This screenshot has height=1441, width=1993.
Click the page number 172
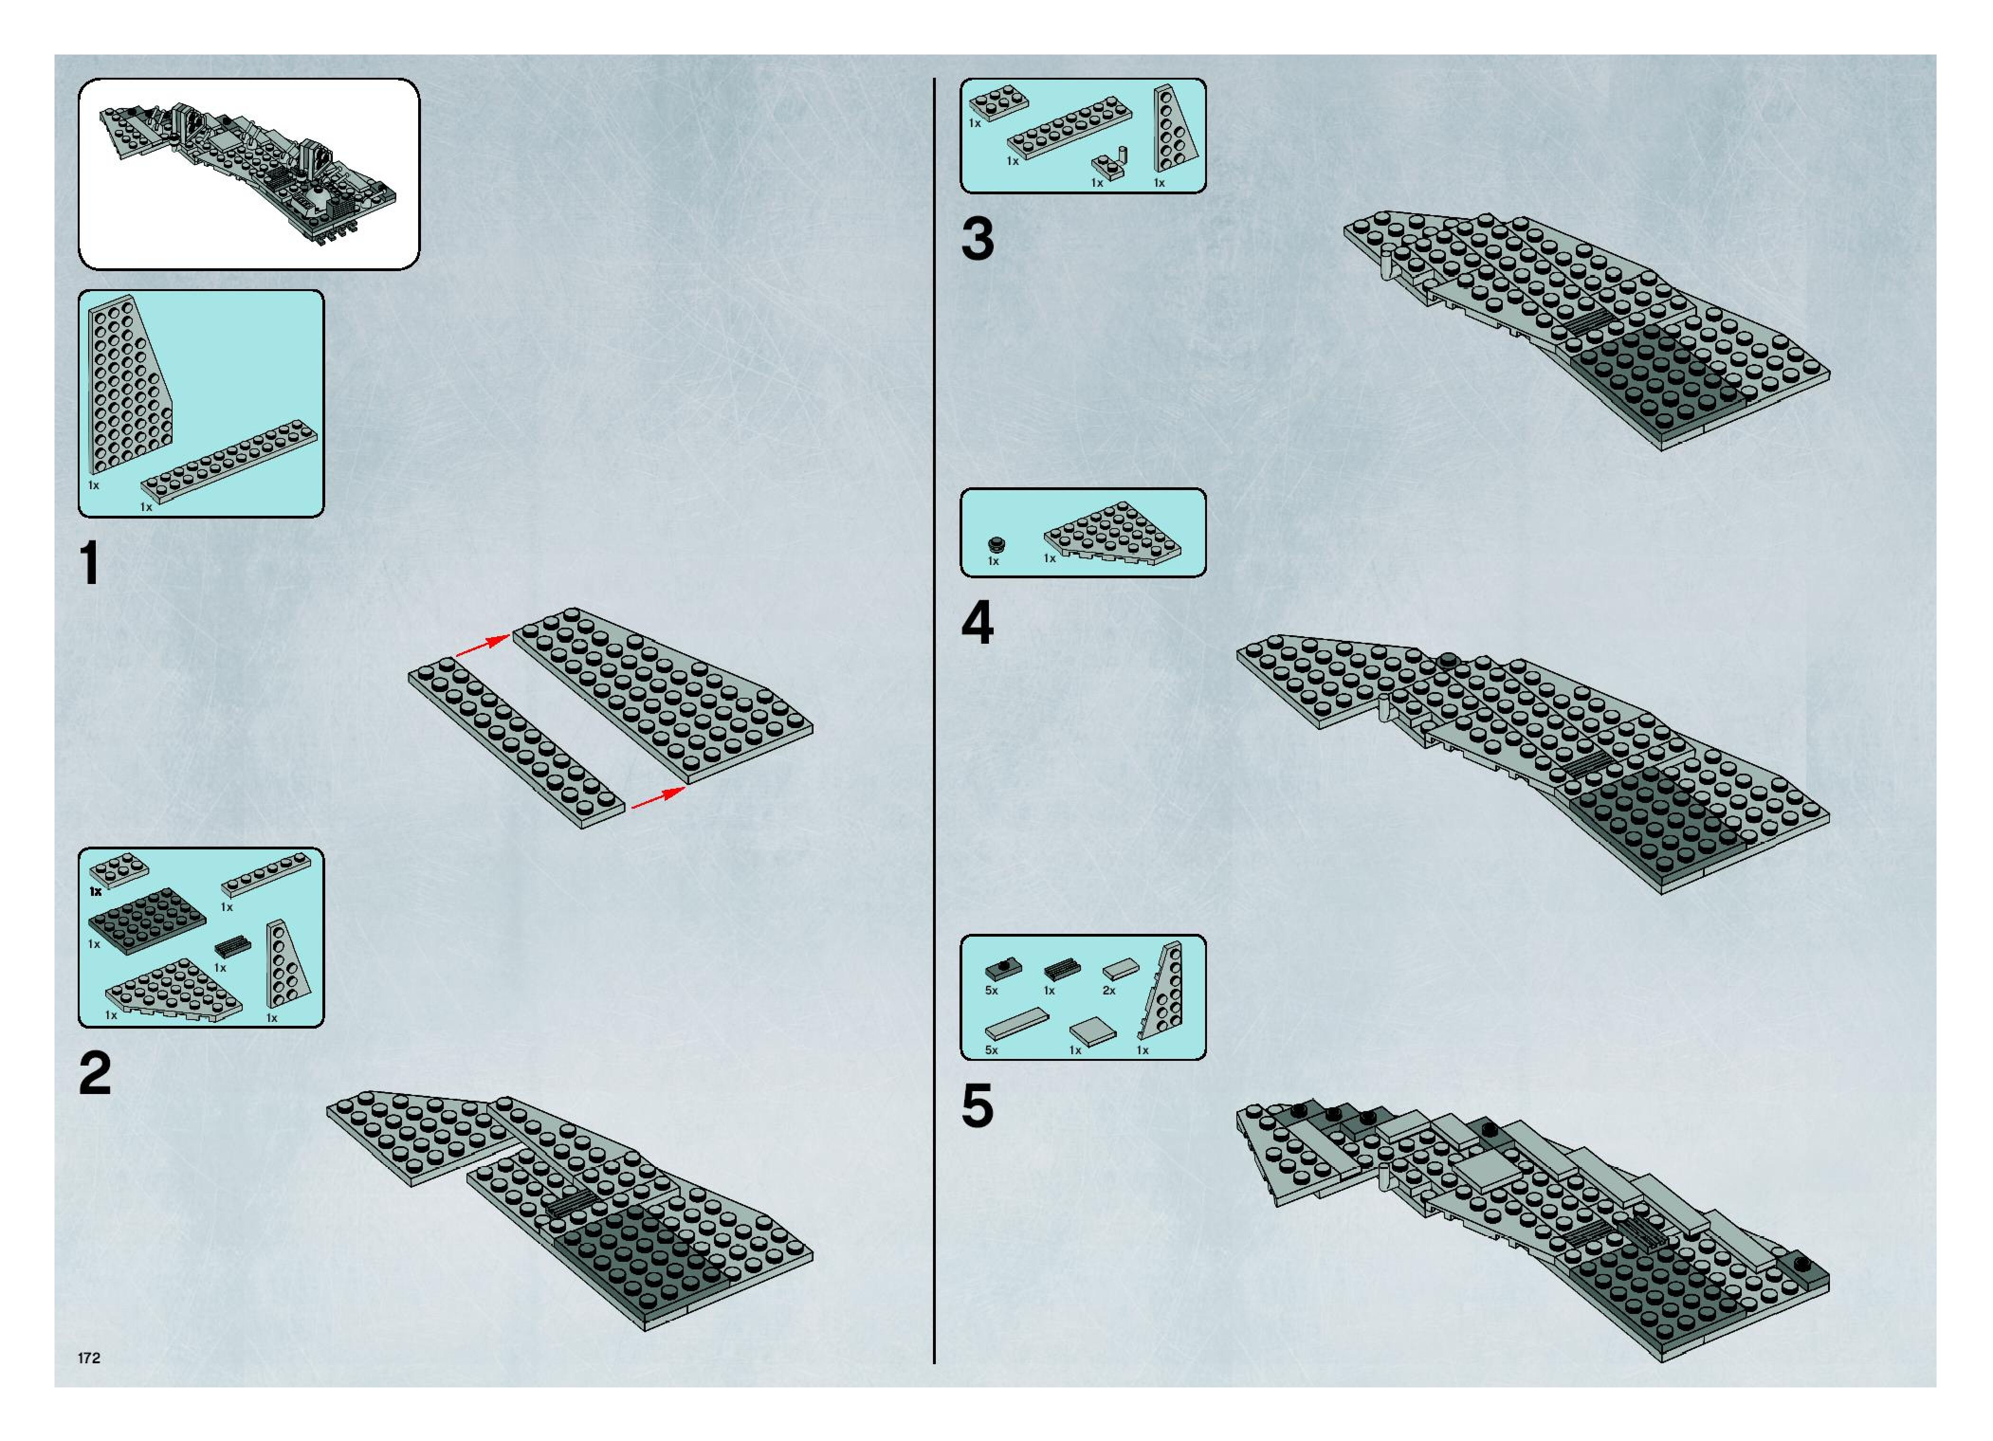(x=89, y=1358)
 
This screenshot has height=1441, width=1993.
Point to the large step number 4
(x=977, y=624)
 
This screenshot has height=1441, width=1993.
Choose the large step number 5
(x=977, y=1105)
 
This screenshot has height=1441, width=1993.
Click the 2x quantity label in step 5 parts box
(x=1109, y=990)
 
